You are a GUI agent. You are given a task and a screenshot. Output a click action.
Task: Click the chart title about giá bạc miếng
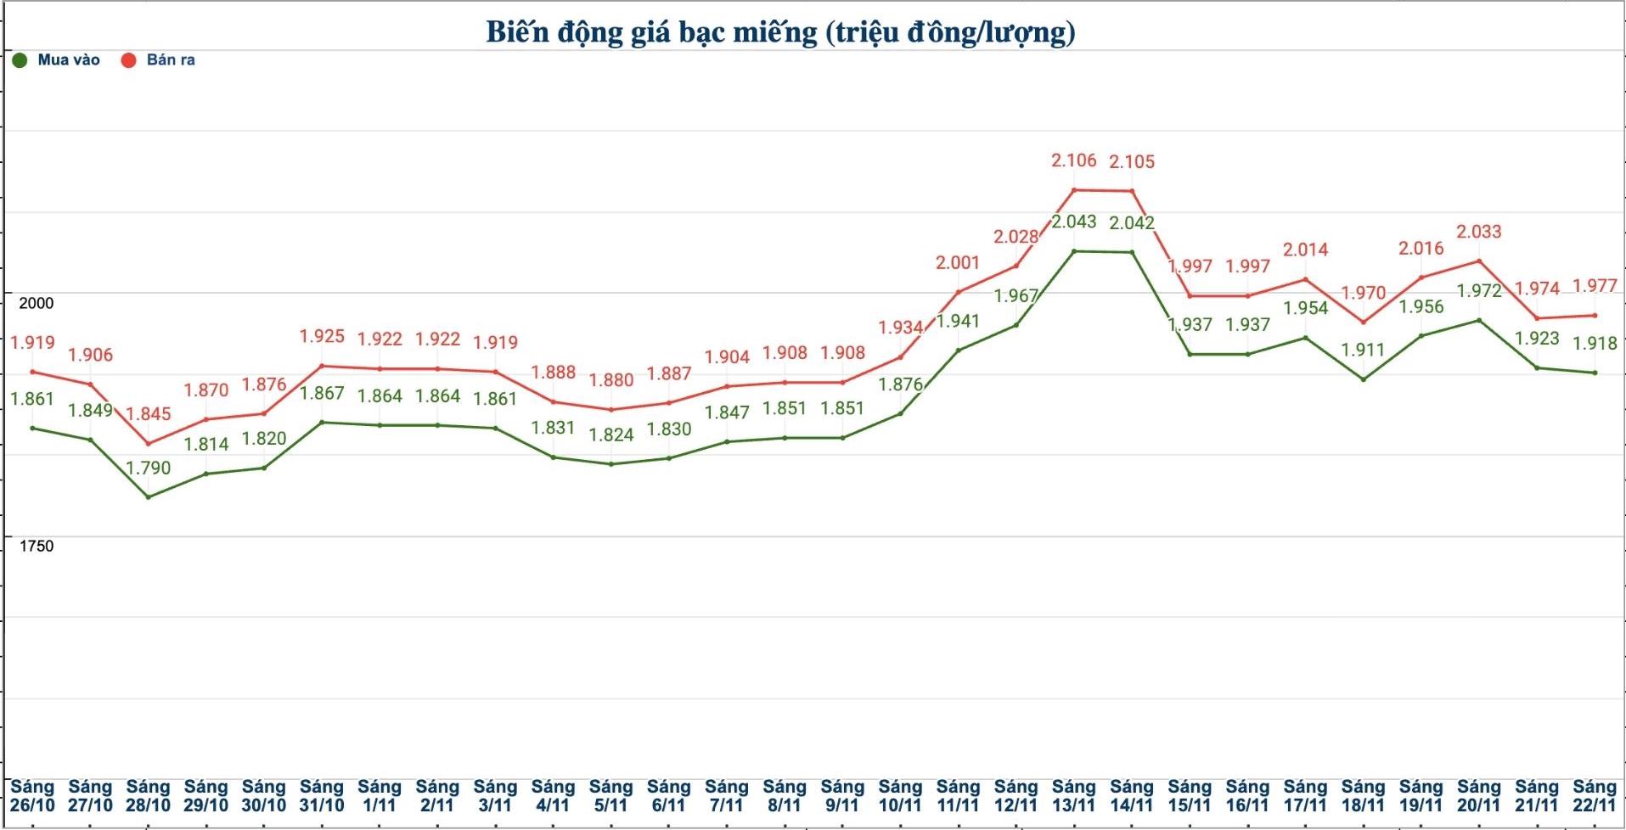[780, 32]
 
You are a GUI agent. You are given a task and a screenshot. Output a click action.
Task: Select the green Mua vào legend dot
[20, 60]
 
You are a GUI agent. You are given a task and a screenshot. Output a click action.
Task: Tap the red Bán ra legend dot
[128, 60]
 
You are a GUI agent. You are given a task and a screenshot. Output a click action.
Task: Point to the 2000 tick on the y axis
[36, 303]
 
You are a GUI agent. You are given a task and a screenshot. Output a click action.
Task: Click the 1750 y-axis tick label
[36, 546]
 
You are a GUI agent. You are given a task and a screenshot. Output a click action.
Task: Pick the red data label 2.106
[1073, 160]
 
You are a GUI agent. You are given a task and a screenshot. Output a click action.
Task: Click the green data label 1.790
[149, 468]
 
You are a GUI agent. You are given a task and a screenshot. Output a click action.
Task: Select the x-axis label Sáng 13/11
[1073, 796]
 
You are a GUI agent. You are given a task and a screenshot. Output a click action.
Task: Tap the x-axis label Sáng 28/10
[148, 796]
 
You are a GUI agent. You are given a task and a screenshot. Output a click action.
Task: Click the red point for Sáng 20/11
[1478, 261]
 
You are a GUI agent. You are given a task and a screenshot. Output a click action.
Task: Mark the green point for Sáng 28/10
[149, 496]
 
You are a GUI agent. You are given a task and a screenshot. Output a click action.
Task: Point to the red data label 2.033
[1478, 232]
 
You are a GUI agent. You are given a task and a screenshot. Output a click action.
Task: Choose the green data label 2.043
[1073, 222]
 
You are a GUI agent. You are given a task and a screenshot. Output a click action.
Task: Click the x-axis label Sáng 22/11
[1594, 796]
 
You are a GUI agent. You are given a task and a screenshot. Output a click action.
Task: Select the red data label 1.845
[149, 414]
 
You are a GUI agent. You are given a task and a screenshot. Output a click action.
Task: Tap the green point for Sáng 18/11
[1363, 379]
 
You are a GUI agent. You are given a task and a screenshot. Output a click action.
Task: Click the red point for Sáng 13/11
[1073, 190]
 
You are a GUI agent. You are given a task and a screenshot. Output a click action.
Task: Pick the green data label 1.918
[1595, 344]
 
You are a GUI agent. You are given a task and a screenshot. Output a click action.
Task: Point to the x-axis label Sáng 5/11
[610, 796]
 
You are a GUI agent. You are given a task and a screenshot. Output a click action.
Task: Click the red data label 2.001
[958, 263]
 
